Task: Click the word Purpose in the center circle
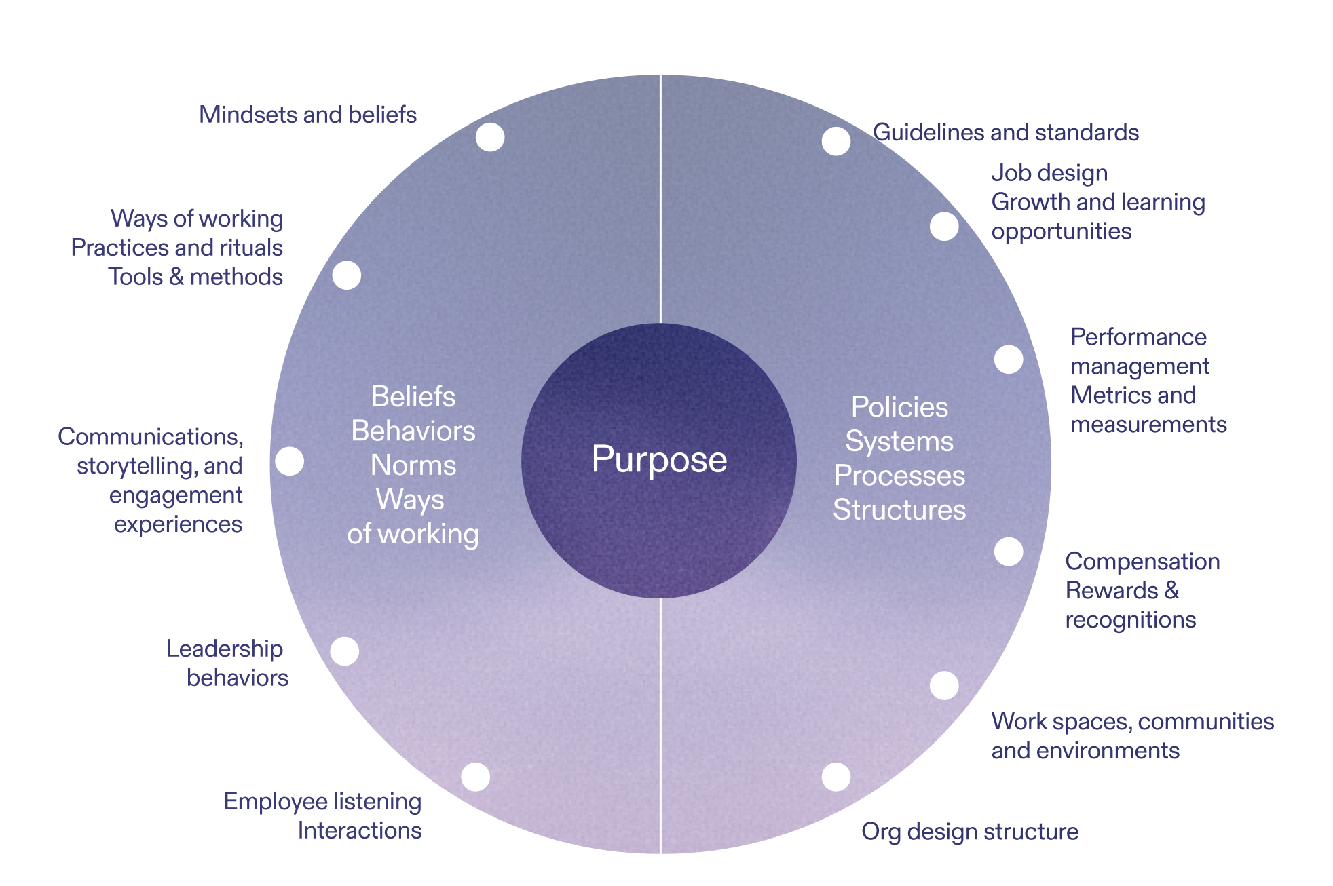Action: coord(659,460)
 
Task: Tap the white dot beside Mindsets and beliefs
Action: coord(490,137)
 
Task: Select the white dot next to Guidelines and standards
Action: coord(836,141)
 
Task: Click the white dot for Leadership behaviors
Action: coord(345,651)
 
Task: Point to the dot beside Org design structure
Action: coord(836,777)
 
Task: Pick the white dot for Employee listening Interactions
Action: coord(475,777)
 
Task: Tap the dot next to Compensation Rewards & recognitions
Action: coord(1009,552)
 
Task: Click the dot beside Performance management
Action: coord(1009,360)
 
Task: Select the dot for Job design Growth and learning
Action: coord(944,227)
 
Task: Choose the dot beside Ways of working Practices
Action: coord(347,275)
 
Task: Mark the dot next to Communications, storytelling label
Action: coord(290,461)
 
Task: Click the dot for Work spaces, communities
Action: coord(944,685)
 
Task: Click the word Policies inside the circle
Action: coord(899,407)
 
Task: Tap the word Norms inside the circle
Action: coord(413,465)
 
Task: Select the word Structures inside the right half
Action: coord(899,509)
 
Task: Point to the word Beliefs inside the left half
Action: coord(413,397)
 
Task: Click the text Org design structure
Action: coord(970,831)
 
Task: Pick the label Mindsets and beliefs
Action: coord(307,115)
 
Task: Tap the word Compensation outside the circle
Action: coord(1142,561)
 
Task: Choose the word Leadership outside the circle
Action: coord(225,649)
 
